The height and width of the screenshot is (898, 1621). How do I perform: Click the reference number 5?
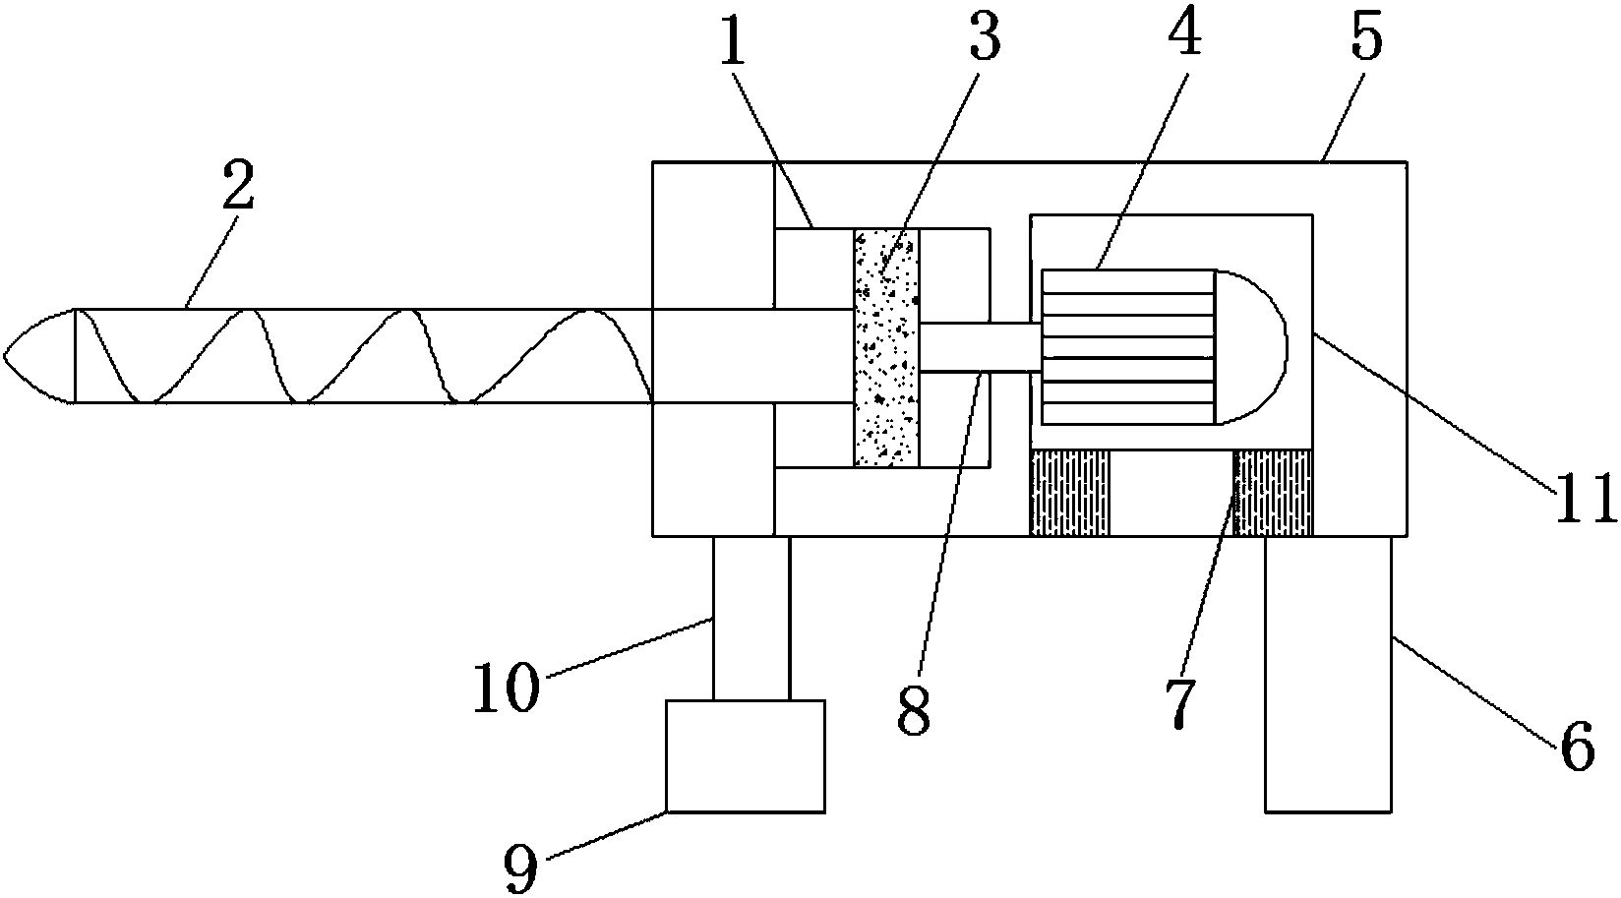pos(1366,39)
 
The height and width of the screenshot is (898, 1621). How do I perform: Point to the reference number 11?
pos(1585,498)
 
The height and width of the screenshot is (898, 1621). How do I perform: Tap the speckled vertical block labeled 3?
pos(886,347)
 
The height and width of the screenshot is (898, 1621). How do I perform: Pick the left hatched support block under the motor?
pos(1069,493)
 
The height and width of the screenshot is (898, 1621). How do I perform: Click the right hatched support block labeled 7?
pos(1273,493)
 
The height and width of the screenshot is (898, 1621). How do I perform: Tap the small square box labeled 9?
pos(746,755)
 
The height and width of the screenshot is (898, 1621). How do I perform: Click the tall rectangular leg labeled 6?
pos(1328,674)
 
